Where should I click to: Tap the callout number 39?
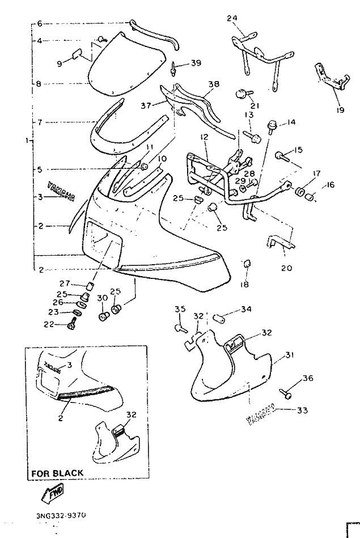[x=196, y=63]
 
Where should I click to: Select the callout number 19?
[x=340, y=110]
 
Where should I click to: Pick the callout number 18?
[x=244, y=285]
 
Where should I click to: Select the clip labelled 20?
[x=277, y=243]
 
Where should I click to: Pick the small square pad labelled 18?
[x=246, y=264]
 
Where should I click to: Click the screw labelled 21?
[x=240, y=92]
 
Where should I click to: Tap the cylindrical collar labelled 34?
[x=218, y=315]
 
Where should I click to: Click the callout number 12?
[x=204, y=137]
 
